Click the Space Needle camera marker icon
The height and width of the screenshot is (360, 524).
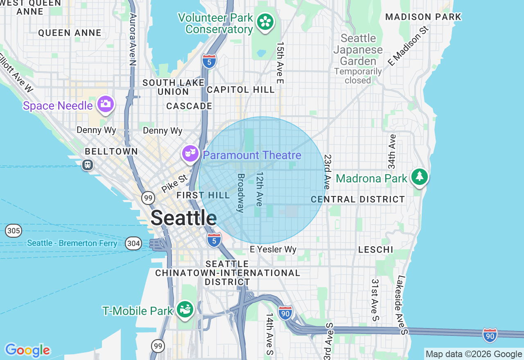click(x=106, y=104)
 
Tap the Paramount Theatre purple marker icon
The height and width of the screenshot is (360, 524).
click(x=190, y=154)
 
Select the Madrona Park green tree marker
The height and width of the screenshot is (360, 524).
click(x=420, y=177)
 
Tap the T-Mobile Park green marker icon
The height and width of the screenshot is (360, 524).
click(x=185, y=309)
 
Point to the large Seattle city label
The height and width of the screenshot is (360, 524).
click(x=183, y=218)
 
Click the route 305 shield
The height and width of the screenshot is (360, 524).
click(x=14, y=231)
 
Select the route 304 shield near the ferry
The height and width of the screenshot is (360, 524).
click(x=133, y=244)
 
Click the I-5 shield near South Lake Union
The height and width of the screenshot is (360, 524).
click(x=209, y=61)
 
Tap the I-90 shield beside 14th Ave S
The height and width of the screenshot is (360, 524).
click(x=285, y=313)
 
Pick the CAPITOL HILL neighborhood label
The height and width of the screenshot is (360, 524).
click(x=241, y=90)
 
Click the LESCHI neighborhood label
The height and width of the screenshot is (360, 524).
click(x=375, y=250)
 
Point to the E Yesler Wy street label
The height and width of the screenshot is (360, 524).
click(x=273, y=250)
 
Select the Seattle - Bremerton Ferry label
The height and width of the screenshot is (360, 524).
click(x=72, y=243)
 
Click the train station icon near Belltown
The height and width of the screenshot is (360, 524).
click(x=87, y=165)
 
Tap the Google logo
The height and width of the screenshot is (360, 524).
click(x=27, y=350)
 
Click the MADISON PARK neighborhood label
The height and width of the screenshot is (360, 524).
click(x=423, y=17)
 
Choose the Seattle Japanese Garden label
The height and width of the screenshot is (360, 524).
click(x=358, y=50)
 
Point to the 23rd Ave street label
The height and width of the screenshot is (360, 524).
click(x=327, y=172)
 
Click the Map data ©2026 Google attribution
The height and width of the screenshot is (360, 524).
click(x=474, y=354)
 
